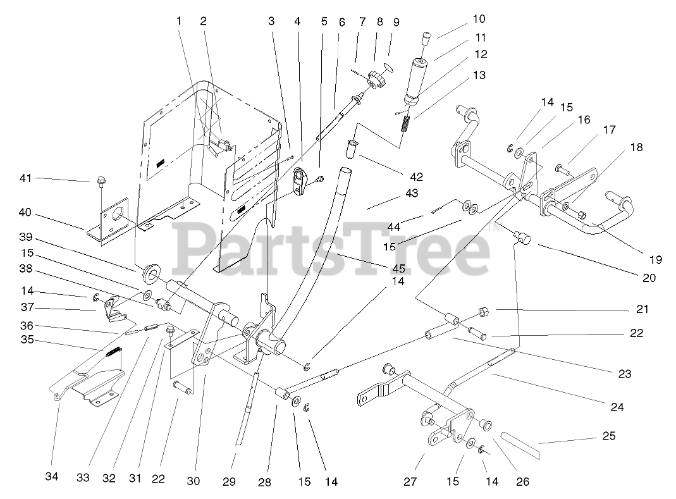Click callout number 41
point(25,179)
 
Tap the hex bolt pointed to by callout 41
point(101,183)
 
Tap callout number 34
point(52,477)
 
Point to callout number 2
point(203,20)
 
